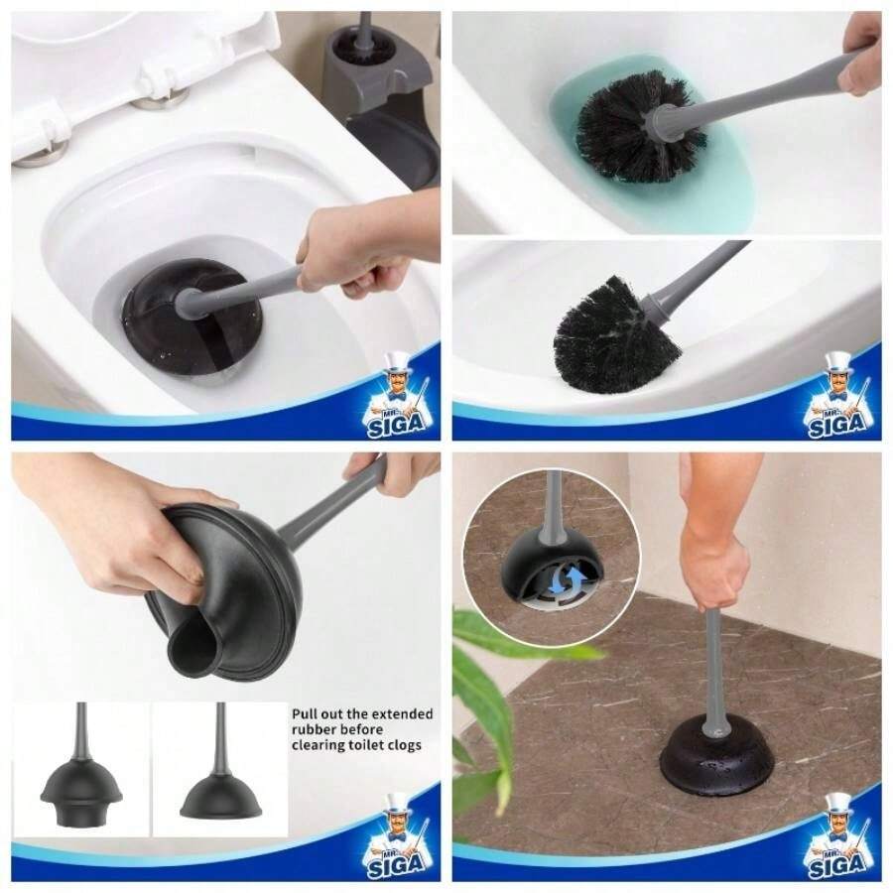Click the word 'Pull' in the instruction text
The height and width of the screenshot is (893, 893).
click(304, 712)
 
